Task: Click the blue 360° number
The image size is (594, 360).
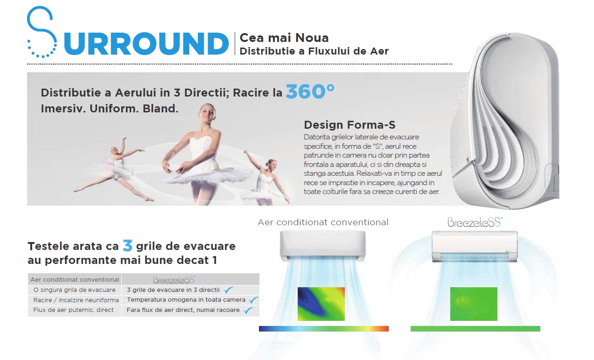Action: [310, 91]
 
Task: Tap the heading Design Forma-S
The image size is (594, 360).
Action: [349, 125]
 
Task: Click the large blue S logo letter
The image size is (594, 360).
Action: [42, 32]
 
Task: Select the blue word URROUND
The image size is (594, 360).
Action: [146, 44]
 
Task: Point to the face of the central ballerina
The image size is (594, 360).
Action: [209, 113]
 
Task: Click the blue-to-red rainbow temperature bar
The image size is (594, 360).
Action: [324, 329]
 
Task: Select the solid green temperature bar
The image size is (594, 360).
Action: [475, 329]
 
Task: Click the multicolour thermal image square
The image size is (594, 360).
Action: [321, 304]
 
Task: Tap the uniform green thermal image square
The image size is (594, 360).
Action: [474, 304]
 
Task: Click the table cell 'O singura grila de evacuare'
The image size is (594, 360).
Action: [75, 290]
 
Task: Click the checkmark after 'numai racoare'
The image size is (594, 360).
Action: [248, 310]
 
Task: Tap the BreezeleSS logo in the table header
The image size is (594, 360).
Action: [175, 279]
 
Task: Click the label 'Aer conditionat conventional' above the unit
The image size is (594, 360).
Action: [323, 222]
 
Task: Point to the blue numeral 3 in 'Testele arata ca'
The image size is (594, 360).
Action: [127, 245]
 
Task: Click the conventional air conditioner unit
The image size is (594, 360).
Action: [323, 246]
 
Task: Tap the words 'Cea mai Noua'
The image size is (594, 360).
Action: [284, 38]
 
